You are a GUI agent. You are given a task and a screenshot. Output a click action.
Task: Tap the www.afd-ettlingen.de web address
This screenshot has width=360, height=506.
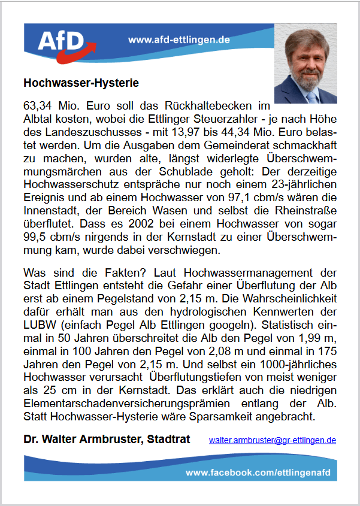point(180,40)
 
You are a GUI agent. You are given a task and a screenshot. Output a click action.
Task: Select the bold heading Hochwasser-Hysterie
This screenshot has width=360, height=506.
point(81,82)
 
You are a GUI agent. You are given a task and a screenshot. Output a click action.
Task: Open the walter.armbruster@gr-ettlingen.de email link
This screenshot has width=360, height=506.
point(273,440)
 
